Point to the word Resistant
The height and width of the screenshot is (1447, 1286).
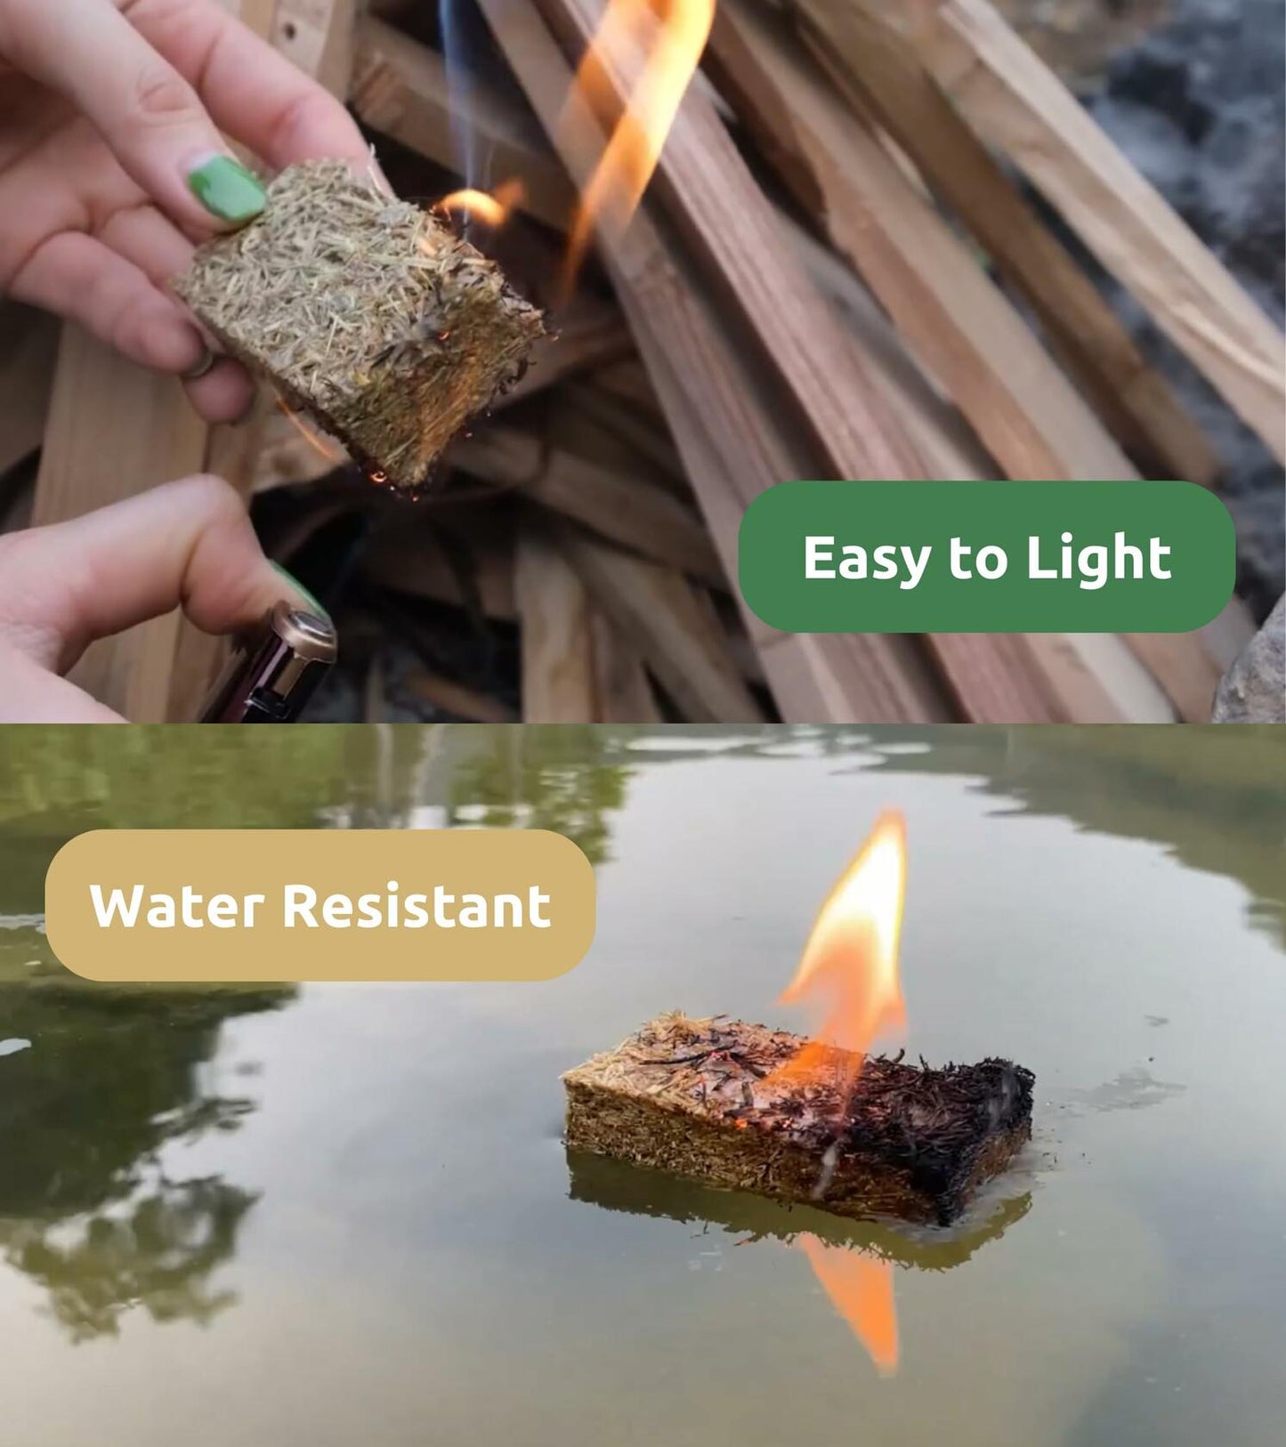pyautogui.click(x=417, y=905)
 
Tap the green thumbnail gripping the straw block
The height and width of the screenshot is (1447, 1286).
pyautogui.click(x=226, y=188)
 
